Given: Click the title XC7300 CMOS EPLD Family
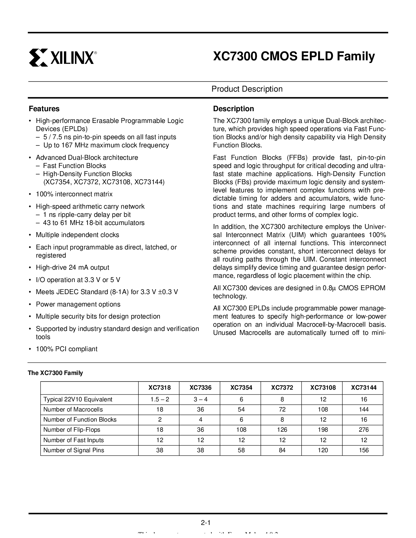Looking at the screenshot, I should coord(294,56).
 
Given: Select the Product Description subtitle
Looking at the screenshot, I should coord(247,89).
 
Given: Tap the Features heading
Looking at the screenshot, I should coord(44,109).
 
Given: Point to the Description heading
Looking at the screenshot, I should coord(233,109).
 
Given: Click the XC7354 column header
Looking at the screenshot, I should coord(241,388).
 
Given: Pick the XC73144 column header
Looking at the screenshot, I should coord(363,388).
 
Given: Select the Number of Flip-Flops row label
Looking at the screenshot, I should coord(72,430).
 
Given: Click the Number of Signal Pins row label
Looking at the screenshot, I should coord(74,450).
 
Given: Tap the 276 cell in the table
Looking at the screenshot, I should coord(363,430).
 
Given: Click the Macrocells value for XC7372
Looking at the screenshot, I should coord(282,410).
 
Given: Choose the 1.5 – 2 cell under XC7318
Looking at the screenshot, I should coord(160,399).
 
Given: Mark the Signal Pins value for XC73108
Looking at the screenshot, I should coord(323,450).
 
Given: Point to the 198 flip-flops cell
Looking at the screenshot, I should coord(323,430).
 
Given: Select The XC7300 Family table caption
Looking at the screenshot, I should coord(55,373).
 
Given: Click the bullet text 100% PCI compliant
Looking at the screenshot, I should coord(67,349).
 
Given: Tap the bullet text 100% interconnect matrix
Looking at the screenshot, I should coord(74,194).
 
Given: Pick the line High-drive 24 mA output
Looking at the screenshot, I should coord(72,267).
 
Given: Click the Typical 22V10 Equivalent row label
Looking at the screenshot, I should coord(78,399).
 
